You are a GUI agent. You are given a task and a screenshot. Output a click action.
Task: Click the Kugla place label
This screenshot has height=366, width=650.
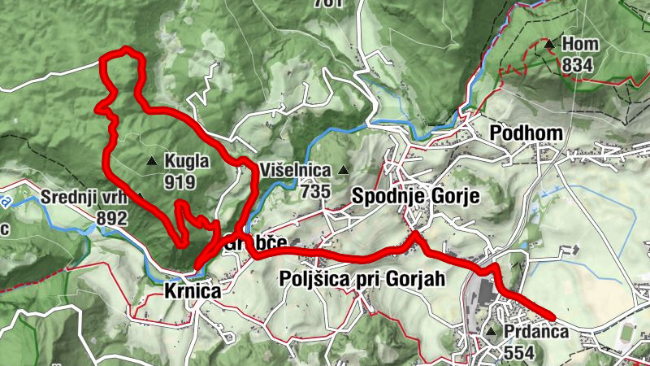(187, 161)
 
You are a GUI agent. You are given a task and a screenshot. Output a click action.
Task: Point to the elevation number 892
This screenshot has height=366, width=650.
(112, 218)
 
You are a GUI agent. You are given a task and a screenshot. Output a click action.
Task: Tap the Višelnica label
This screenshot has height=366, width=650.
(296, 171)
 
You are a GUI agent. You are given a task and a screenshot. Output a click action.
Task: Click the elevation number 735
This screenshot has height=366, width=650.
(314, 191)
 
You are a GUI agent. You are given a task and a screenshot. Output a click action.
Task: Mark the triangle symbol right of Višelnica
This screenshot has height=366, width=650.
(344, 171)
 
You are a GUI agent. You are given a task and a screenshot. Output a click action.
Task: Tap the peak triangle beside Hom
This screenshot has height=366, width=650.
(551, 44)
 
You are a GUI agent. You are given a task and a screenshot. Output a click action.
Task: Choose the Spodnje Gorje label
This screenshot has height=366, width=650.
(416, 196)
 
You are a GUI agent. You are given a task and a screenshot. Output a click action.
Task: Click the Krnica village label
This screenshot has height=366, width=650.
(193, 290)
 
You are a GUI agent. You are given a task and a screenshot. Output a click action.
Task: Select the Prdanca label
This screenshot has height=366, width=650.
(535, 333)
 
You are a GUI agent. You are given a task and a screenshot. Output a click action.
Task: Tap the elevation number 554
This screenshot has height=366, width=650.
(521, 352)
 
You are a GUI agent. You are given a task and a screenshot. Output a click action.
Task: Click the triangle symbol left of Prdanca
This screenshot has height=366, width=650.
(492, 333)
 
